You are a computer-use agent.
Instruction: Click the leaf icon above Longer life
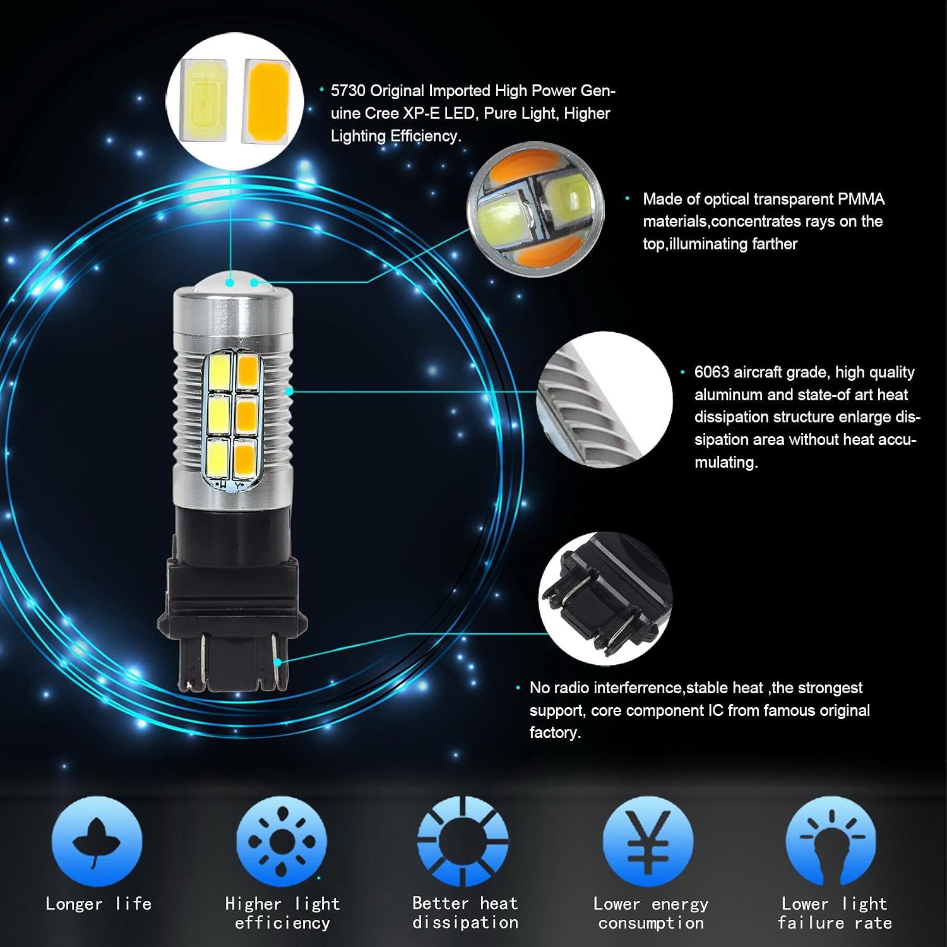tap(97, 842)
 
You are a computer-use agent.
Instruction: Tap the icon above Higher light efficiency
tap(282, 842)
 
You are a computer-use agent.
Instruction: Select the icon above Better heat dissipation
tap(463, 842)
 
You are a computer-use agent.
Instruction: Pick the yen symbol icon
tap(648, 842)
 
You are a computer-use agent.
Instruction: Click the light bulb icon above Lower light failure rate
tap(831, 842)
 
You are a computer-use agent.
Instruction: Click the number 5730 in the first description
tap(348, 91)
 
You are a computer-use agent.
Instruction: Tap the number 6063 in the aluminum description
tap(712, 372)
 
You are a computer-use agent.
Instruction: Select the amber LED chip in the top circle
tap(266, 101)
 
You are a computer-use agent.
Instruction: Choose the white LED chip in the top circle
tap(203, 101)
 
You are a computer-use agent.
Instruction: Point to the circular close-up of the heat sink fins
tap(604, 400)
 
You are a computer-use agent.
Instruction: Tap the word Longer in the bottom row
tap(74, 904)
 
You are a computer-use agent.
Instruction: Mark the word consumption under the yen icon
tap(651, 923)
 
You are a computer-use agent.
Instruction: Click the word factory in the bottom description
tap(555, 734)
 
